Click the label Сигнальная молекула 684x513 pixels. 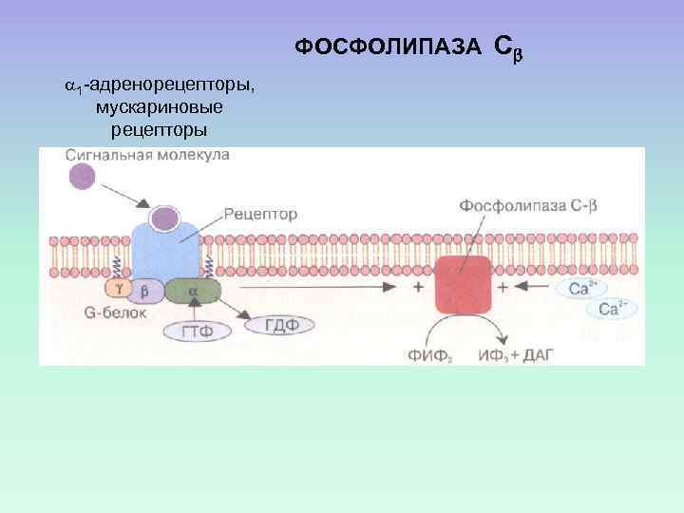click(148, 156)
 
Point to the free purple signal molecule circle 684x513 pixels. click(83, 176)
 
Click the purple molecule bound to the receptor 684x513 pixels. click(165, 219)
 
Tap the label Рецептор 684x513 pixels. click(261, 215)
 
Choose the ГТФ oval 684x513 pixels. click(195, 332)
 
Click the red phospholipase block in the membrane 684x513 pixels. click(464, 285)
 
